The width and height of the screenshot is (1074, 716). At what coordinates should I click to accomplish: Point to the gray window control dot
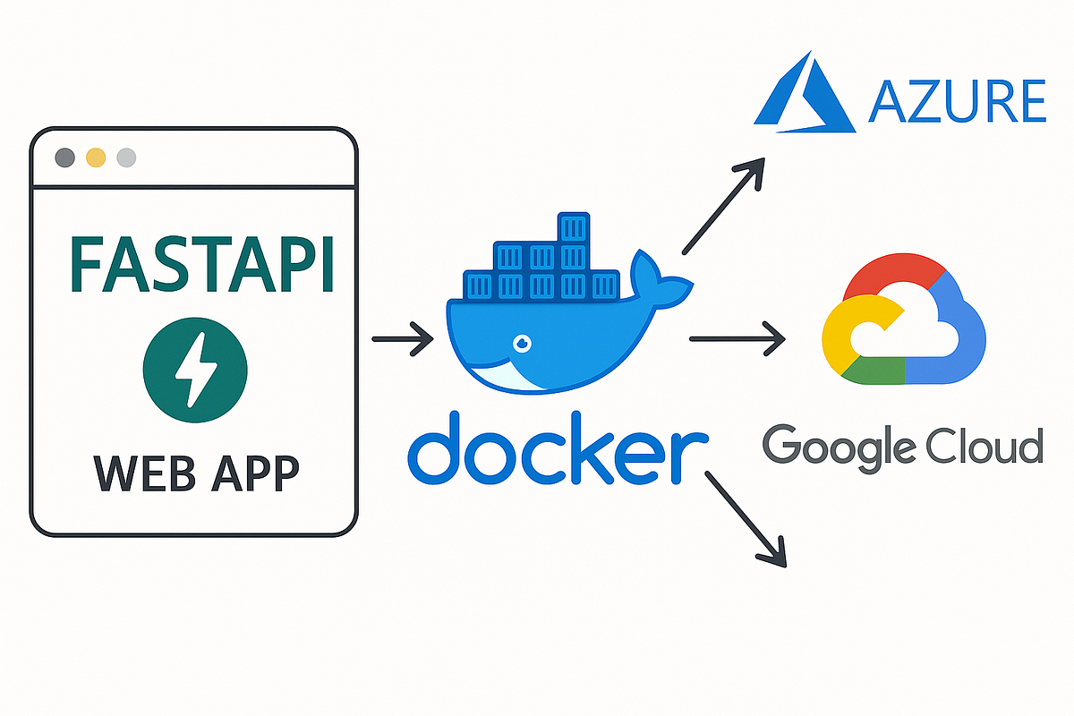pos(65,158)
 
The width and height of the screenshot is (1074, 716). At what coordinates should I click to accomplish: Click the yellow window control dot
pos(96,158)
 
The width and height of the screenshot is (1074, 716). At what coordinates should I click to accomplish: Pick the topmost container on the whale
pos(572,227)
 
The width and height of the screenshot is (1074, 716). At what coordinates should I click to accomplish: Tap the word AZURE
pos(958,100)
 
